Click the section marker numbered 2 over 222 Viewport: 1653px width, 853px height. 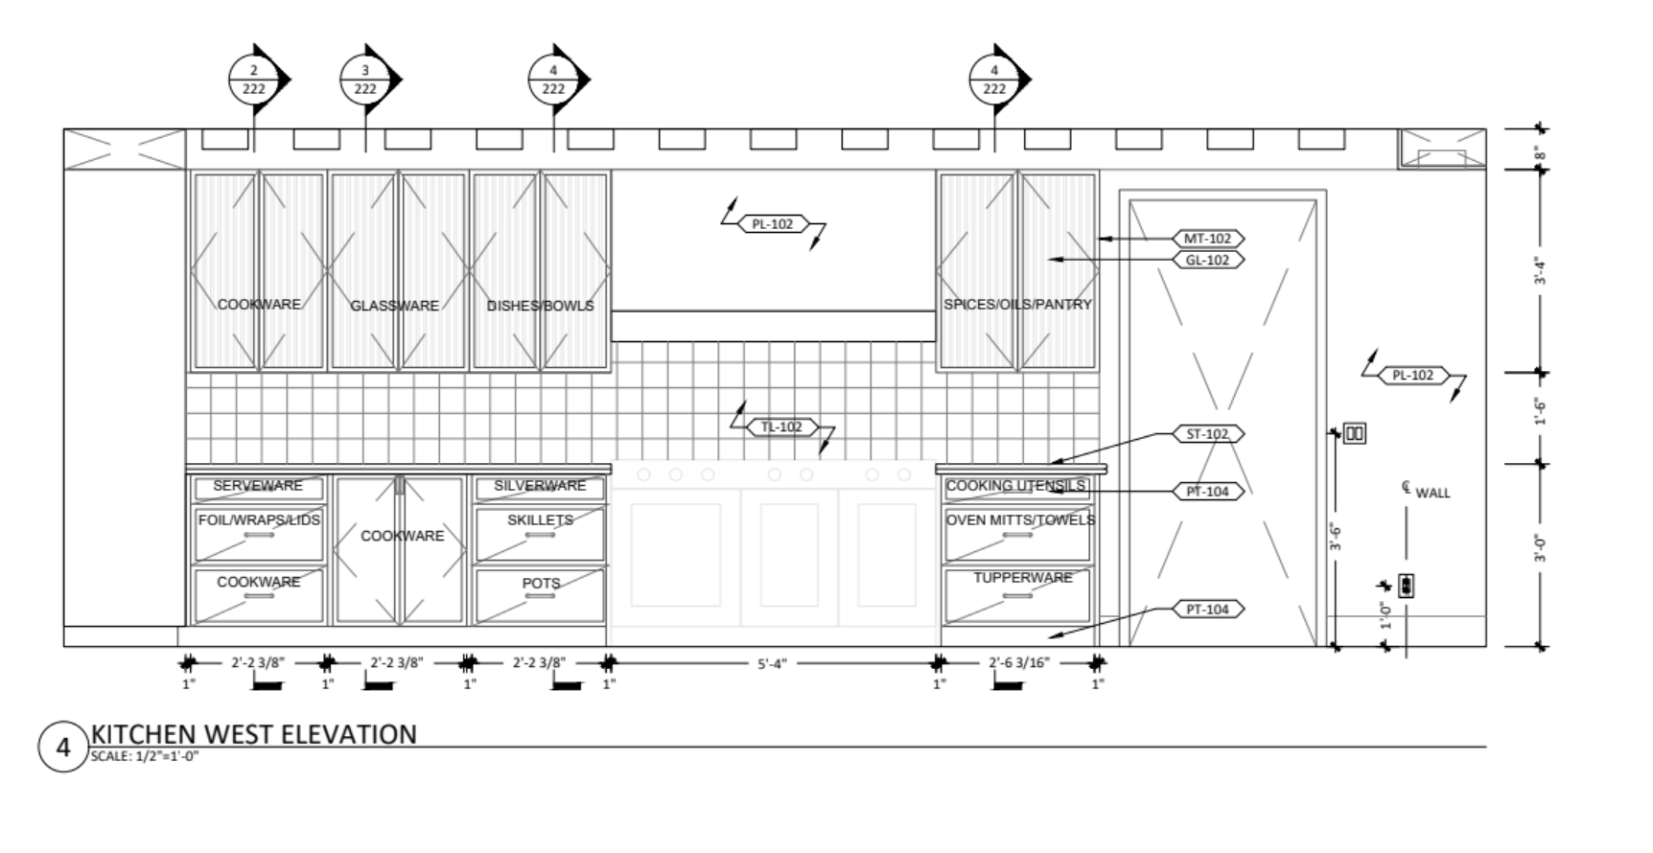pos(254,80)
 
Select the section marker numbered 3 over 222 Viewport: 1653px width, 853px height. pos(365,80)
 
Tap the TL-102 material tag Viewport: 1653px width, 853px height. pos(782,427)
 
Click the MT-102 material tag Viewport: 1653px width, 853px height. pos(1207,239)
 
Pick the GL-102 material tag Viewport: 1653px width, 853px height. pos(1207,260)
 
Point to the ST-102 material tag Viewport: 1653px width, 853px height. pos(1207,434)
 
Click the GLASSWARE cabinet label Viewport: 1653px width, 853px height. pos(394,306)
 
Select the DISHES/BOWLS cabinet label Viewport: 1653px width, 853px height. pos(541,306)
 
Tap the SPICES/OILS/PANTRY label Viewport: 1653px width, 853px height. pos(1017,305)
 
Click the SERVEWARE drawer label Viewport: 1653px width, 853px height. pos(258,486)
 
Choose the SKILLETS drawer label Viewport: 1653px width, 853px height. pos(540,519)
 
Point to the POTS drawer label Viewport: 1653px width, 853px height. pos(541,583)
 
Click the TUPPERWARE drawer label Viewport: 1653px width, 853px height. pos(1023,578)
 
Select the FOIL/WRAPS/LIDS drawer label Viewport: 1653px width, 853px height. pos(259,519)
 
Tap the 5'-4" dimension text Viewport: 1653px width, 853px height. pos(772,663)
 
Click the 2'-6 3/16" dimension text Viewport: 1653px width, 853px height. pos(1019,662)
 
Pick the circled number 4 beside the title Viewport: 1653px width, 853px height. pos(63,747)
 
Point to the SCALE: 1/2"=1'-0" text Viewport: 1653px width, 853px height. pos(145,755)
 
